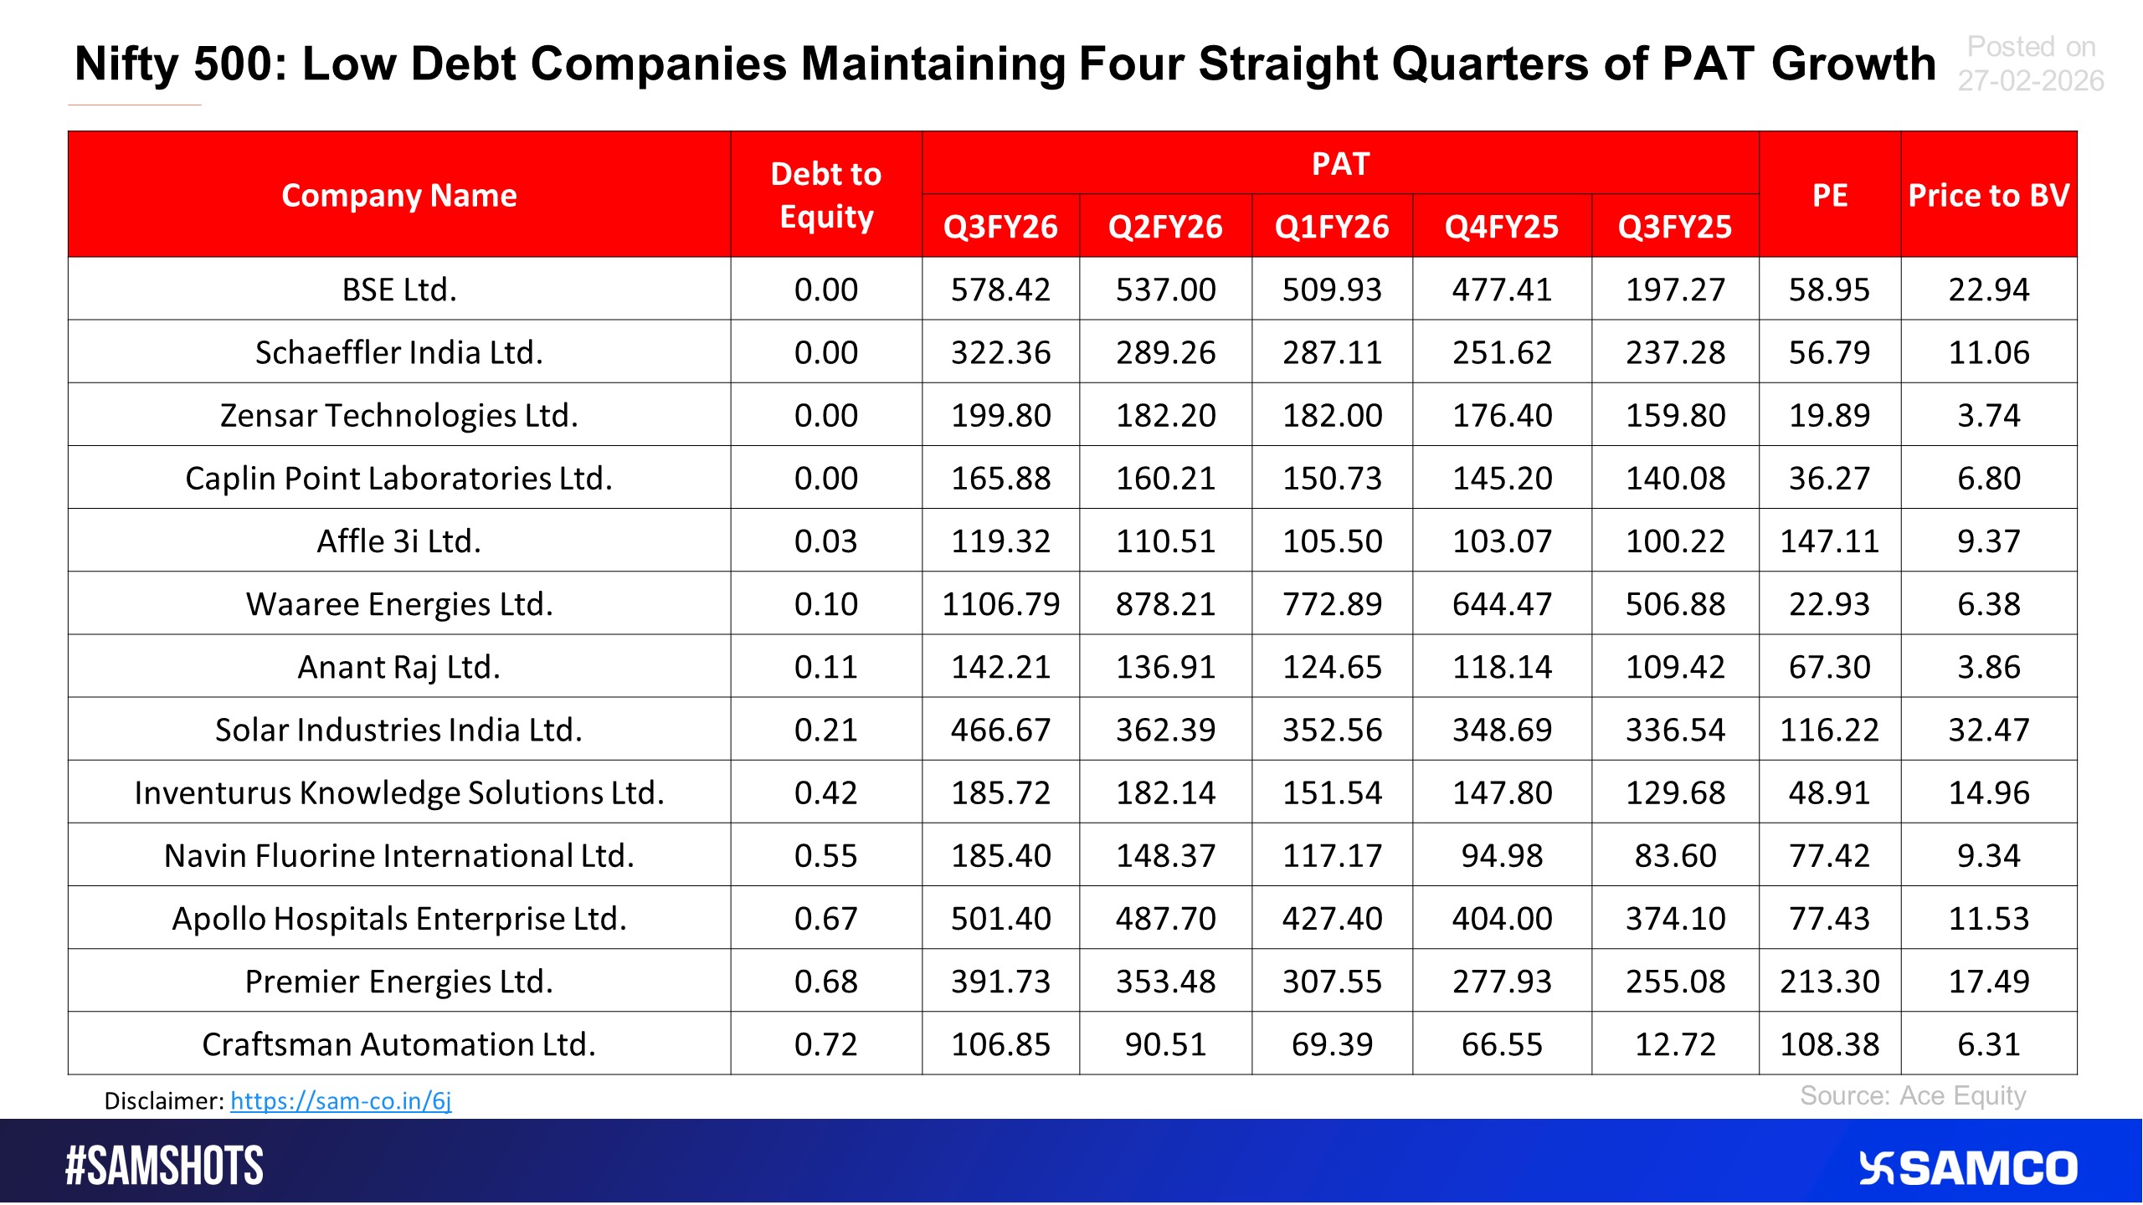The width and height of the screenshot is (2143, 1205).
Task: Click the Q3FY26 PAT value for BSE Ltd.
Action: coord(1000,290)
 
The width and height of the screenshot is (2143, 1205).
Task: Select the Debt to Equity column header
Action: coord(825,195)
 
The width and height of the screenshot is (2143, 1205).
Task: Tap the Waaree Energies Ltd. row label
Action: coord(399,604)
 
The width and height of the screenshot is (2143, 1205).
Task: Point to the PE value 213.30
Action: coord(1829,982)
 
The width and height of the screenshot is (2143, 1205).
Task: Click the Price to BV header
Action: coord(1988,195)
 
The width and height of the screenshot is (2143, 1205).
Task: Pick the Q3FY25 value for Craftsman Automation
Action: coord(1674,1044)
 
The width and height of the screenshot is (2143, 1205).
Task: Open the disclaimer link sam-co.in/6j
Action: coord(341,1100)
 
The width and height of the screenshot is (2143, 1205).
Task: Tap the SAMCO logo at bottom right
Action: coord(1967,1168)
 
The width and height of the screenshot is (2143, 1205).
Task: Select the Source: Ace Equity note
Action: coord(1913,1095)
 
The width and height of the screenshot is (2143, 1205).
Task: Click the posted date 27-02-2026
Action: coord(2030,81)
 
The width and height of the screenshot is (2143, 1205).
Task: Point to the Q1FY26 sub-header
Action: coord(1331,227)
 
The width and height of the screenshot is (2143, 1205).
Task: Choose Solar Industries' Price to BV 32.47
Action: coord(1988,730)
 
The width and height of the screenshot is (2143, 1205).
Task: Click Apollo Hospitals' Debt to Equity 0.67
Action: coord(825,919)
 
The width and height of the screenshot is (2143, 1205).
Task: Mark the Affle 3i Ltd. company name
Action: coord(399,541)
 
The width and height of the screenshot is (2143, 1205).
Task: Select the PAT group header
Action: coord(1339,163)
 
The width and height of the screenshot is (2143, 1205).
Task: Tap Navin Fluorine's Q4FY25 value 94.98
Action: coord(1502,856)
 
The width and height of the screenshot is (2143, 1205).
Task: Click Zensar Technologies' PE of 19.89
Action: coord(1829,416)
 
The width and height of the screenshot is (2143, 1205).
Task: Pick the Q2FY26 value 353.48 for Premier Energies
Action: coord(1165,982)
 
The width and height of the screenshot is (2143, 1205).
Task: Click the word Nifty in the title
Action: coord(128,64)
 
